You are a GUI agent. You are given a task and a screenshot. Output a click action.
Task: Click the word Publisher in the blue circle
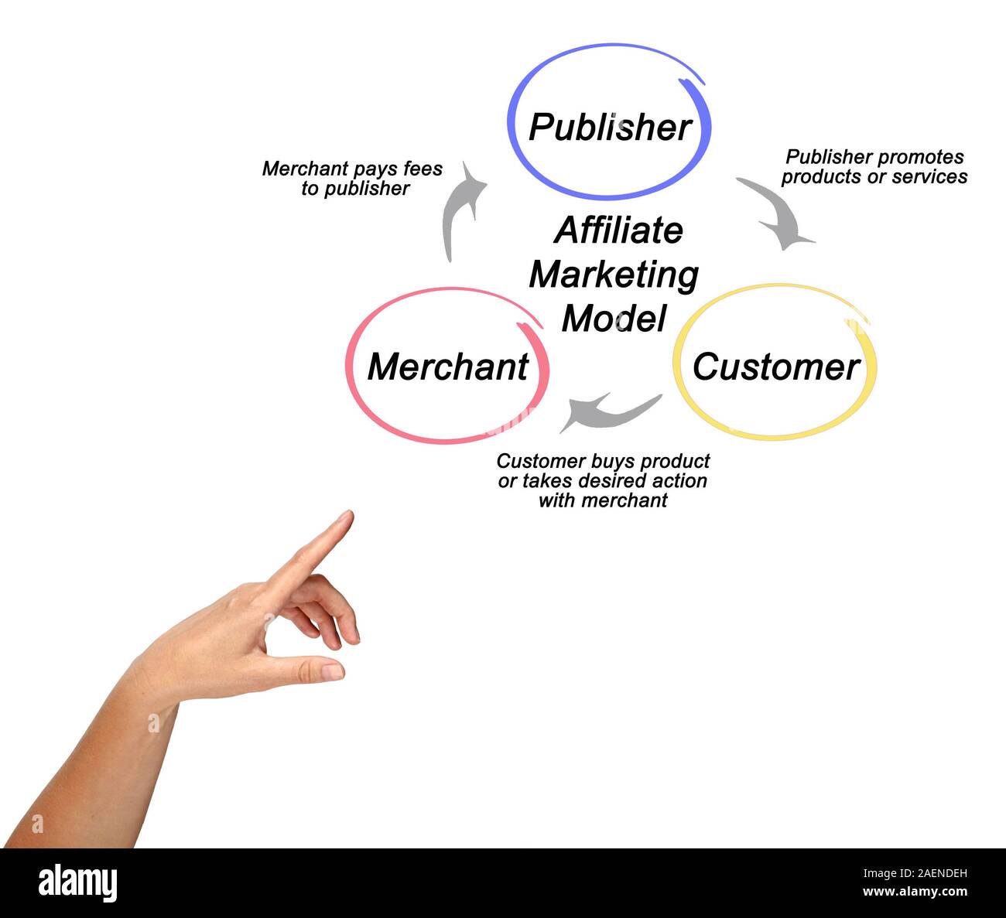click(x=610, y=128)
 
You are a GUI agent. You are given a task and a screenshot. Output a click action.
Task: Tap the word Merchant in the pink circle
click(x=448, y=367)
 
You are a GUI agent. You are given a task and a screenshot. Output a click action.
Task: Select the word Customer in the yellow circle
click(x=776, y=367)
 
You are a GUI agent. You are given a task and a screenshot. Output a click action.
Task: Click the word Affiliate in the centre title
click(x=618, y=230)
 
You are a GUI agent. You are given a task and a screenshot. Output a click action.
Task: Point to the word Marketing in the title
click(x=614, y=275)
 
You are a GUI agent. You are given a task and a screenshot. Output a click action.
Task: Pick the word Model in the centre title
click(x=614, y=318)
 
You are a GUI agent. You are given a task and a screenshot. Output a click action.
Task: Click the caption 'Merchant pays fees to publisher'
click(x=353, y=179)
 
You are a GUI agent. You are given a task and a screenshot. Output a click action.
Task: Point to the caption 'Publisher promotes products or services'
click(x=874, y=167)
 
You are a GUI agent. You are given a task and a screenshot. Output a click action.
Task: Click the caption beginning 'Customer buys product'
click(x=603, y=480)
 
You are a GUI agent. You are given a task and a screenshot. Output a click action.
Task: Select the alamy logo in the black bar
click(x=78, y=883)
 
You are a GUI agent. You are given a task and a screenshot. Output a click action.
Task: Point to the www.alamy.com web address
click(x=915, y=892)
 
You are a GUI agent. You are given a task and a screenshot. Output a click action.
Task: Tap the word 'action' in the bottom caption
click(x=677, y=481)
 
